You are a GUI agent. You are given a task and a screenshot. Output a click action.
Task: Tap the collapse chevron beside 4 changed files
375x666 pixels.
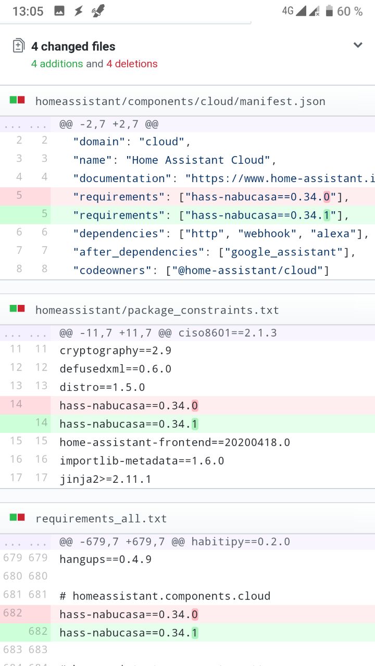[358, 45]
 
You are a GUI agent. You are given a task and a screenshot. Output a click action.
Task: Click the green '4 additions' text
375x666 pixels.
[57, 64]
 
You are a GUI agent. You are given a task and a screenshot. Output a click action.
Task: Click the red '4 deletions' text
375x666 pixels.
[132, 64]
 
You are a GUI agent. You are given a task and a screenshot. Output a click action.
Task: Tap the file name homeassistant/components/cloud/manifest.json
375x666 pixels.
[180, 101]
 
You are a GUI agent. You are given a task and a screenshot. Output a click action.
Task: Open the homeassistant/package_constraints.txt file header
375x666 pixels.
[157, 311]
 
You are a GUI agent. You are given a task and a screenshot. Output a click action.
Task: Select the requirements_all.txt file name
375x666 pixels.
[101, 519]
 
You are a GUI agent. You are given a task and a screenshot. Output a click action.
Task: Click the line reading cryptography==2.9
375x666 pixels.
[116, 351]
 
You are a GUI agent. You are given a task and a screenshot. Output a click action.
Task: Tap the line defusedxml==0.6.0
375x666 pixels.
[116, 369]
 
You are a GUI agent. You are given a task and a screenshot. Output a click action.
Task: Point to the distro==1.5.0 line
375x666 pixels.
[102, 387]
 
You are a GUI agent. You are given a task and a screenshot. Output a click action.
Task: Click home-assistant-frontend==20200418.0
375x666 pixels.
[174, 442]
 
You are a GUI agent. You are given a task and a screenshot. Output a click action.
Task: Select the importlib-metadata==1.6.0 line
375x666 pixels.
[142, 460]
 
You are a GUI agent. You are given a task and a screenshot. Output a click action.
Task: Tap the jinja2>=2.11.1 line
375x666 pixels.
[105, 479]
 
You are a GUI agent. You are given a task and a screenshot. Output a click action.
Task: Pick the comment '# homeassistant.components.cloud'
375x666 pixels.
[165, 596]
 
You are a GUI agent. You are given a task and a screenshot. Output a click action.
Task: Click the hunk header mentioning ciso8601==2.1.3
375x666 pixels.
[168, 333]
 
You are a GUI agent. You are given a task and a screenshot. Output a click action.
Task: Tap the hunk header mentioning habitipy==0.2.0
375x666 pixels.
[174, 542]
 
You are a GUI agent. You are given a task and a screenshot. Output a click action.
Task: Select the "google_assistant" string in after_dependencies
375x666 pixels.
[285, 252]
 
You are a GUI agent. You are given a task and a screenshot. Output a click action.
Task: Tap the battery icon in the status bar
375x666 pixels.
[329, 11]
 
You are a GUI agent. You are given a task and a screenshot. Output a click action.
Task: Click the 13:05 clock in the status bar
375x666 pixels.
[28, 11]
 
